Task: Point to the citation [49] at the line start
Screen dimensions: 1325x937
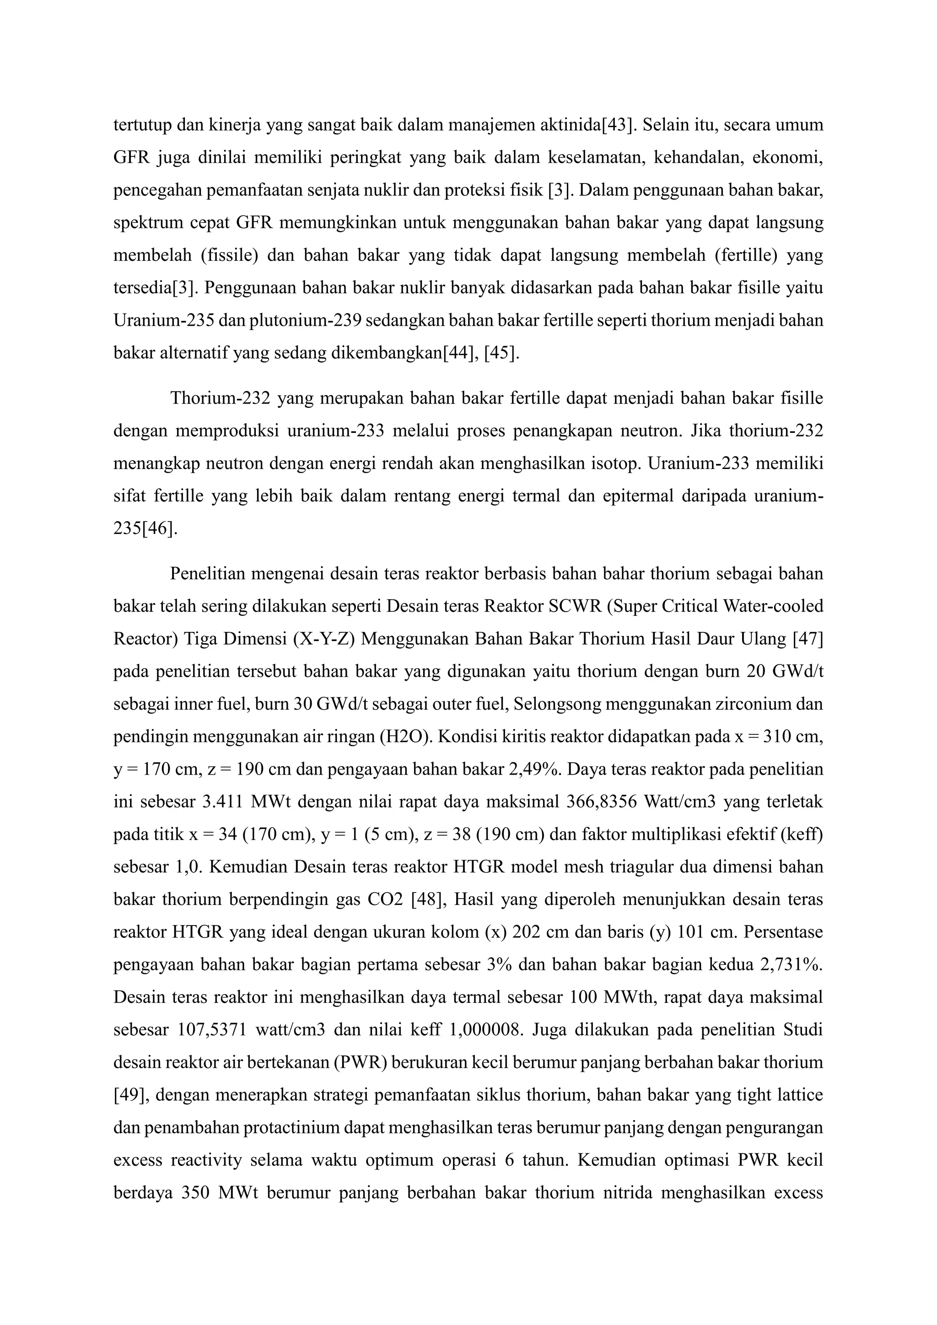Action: tap(128, 1095)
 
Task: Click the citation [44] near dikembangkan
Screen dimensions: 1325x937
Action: tap(459, 353)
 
